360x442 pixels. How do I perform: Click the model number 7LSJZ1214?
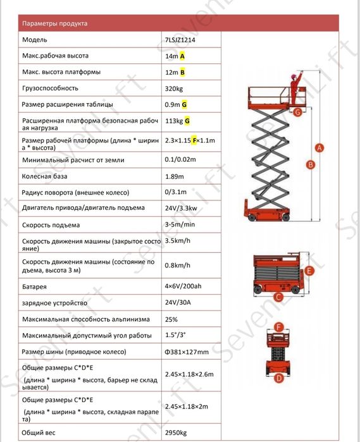coord(180,40)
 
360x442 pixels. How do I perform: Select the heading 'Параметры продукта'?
coord(55,23)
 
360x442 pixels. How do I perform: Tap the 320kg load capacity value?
coord(174,89)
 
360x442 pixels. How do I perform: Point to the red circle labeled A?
coord(320,148)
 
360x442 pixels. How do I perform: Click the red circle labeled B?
coord(311,164)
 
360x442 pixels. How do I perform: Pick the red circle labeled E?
coord(309,271)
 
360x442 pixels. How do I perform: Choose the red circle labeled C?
coord(278,297)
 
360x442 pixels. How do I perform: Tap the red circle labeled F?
coord(279,328)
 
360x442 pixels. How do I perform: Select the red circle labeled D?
coord(279,378)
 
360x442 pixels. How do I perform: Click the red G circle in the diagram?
coord(297,112)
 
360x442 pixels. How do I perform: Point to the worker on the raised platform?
coord(295,88)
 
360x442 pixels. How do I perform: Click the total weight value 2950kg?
coord(176,433)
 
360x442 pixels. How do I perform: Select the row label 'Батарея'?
coord(34,286)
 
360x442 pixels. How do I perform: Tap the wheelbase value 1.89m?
coord(175,176)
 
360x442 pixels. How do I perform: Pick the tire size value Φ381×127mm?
coord(187,352)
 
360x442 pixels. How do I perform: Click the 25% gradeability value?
coord(171,319)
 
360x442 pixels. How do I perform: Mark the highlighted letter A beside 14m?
coord(182,56)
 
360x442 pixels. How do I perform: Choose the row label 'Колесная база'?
coord(44,176)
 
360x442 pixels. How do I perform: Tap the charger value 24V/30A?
coord(178,302)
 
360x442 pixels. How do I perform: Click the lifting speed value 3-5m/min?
coord(180,224)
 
